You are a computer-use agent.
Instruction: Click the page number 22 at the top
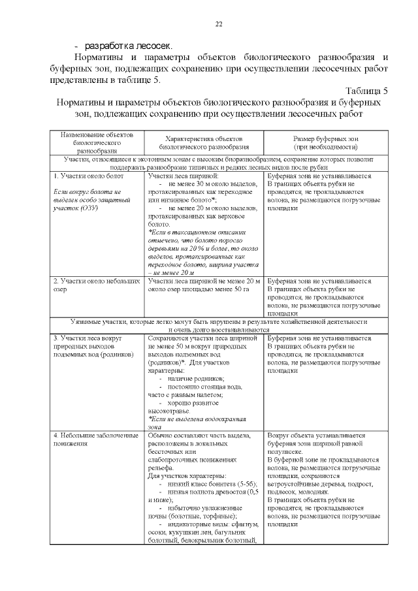point(219,24)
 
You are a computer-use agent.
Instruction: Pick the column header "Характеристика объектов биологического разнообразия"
point(204,144)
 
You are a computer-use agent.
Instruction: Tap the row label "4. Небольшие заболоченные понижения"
point(95,439)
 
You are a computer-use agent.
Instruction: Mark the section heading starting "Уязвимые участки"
point(218,322)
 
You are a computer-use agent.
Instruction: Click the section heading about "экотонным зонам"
point(218,159)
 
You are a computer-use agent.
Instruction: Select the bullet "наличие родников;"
point(196,379)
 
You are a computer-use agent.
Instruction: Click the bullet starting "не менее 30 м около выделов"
point(212,184)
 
